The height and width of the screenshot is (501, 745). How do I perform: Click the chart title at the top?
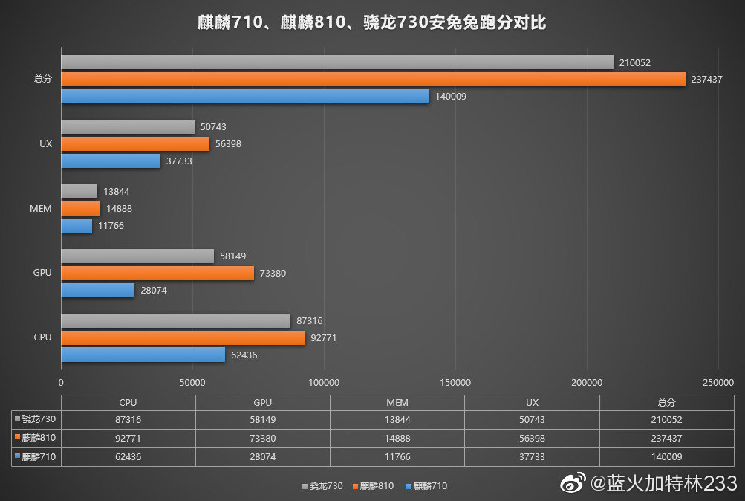point(372,22)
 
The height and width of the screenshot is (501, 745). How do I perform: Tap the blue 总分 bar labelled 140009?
point(245,97)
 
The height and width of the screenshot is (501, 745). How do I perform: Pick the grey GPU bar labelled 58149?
point(137,256)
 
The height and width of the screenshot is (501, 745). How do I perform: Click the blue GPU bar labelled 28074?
point(97,290)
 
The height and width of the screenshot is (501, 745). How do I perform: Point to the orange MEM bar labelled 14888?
point(80,209)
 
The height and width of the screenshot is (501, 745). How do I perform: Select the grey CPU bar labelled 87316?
point(175,320)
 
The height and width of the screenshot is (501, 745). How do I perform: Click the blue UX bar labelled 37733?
point(111,161)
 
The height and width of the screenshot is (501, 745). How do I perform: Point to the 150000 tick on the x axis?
point(455,383)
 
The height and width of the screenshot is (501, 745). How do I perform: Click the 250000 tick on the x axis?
point(718,383)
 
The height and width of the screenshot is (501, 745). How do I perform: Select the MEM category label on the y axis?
point(42,209)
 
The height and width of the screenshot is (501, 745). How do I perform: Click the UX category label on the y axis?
point(45,144)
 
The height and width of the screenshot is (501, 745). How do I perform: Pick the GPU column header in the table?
point(262,403)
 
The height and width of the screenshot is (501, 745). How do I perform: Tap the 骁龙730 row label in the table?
point(36,420)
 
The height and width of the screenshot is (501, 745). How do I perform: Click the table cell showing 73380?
point(262,439)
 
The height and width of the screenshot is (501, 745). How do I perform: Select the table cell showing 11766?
point(397,457)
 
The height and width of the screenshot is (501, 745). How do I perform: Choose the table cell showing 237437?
point(666,439)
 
